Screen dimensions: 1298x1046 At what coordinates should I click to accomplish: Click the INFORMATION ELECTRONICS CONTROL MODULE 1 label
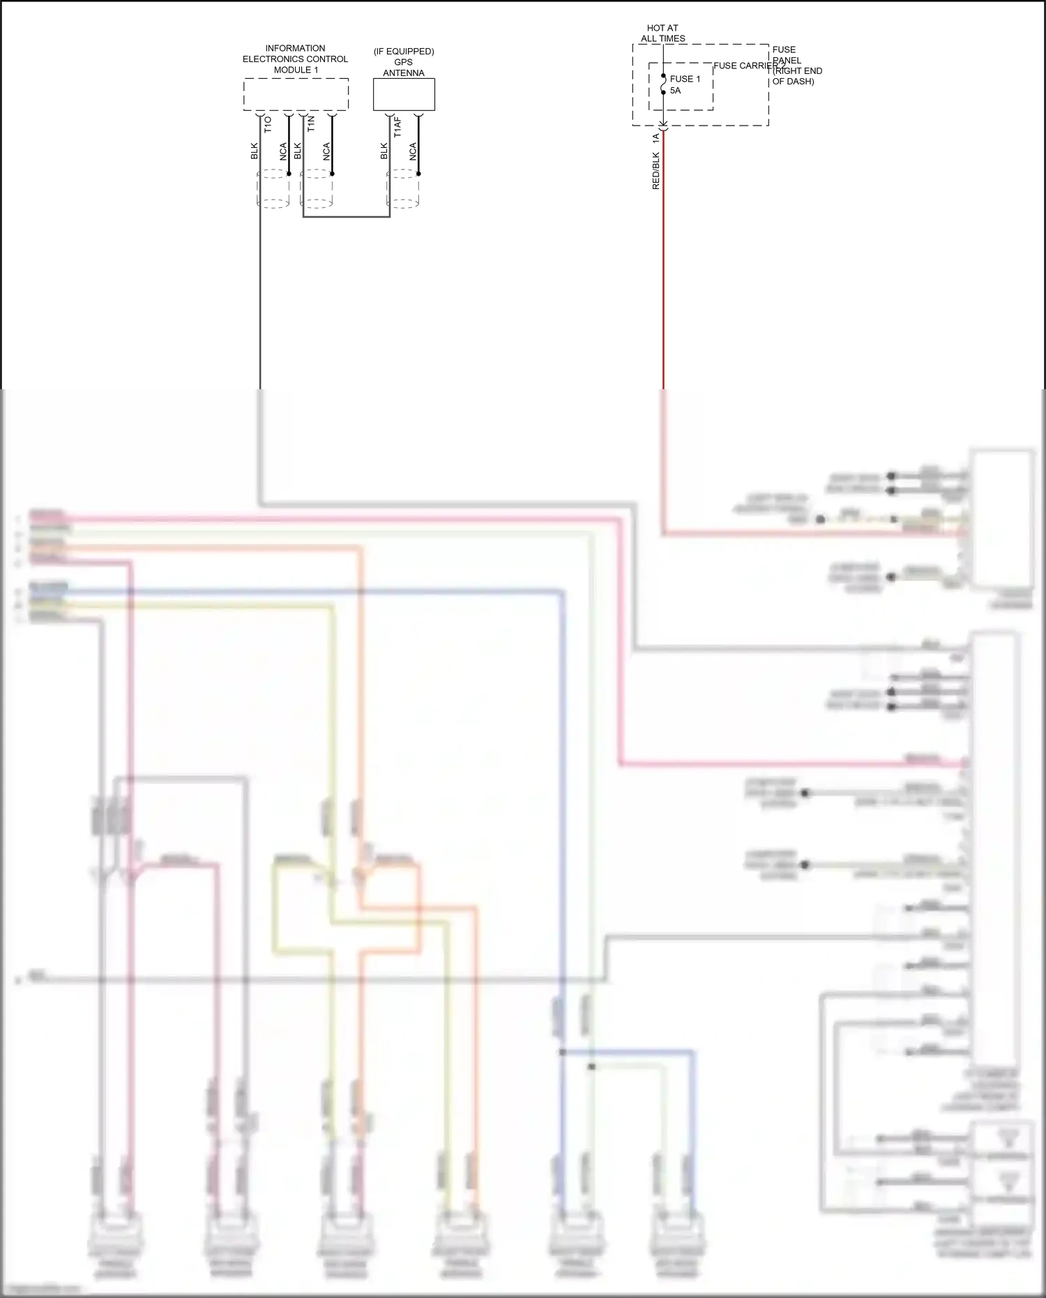click(295, 59)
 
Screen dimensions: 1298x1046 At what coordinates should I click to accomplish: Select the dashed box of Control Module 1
click(296, 94)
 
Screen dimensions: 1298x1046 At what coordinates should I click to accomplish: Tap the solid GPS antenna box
click(404, 94)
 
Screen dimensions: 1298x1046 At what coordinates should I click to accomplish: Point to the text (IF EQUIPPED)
click(404, 52)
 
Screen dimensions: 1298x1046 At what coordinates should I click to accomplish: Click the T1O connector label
click(268, 124)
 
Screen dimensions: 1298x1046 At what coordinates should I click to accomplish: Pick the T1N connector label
click(311, 124)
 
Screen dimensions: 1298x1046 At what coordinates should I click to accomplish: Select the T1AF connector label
click(397, 127)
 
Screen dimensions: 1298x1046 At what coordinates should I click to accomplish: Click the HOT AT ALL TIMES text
click(662, 33)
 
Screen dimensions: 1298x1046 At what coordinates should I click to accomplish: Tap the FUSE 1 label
click(685, 79)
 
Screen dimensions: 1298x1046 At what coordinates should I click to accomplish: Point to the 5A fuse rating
click(675, 91)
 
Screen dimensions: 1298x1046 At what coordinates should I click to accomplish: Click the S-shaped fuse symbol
click(663, 84)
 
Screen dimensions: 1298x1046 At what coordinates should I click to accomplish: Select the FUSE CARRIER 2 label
click(748, 66)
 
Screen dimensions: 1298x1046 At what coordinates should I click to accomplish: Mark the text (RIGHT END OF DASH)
click(797, 76)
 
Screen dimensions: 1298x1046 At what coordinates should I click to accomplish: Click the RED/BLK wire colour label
click(655, 170)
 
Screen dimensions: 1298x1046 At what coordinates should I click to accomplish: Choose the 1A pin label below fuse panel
click(655, 139)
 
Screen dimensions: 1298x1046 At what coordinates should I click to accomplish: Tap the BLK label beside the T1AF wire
click(384, 151)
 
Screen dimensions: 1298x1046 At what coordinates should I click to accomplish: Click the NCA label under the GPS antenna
click(413, 151)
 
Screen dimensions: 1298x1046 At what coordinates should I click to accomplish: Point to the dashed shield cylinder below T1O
click(273, 189)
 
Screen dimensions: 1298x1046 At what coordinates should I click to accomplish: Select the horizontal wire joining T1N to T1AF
click(346, 217)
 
